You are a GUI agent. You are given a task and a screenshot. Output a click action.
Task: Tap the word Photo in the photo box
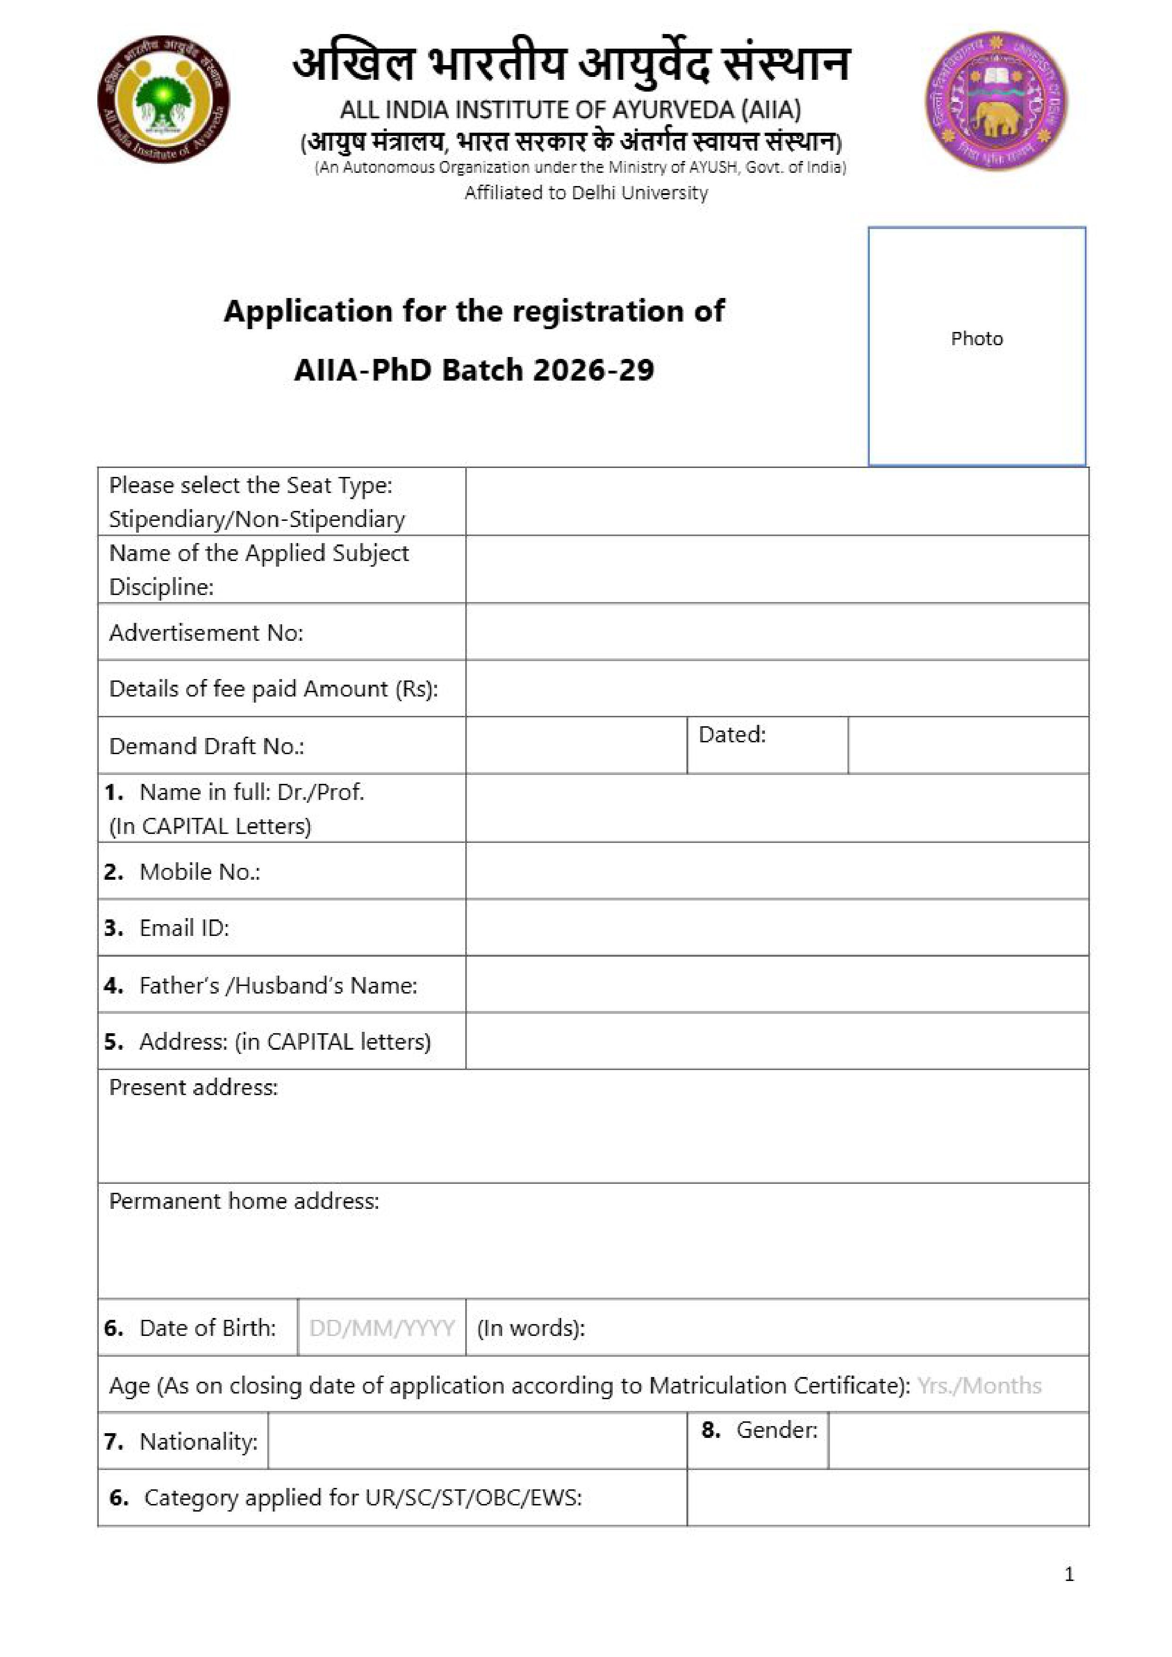tap(976, 339)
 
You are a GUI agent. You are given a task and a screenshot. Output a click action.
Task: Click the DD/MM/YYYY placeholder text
tap(382, 1328)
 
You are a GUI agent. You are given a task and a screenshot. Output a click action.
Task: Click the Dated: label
tap(732, 735)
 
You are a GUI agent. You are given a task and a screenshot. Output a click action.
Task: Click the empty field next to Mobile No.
tap(776, 871)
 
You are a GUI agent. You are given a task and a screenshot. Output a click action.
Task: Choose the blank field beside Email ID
tap(776, 927)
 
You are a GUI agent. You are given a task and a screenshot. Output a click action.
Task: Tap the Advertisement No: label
tap(206, 633)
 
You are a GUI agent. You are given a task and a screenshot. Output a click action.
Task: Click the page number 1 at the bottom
tap(1069, 1574)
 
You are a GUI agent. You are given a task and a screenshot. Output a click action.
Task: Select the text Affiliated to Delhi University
tap(586, 193)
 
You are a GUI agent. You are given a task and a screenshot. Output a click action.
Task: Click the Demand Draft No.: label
tap(206, 746)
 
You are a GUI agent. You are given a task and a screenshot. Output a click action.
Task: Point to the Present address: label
tap(194, 1088)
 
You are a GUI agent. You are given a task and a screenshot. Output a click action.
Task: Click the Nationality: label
tap(198, 1441)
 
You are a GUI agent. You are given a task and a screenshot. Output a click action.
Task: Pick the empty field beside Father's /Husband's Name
tap(776, 985)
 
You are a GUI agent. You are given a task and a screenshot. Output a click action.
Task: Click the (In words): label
tap(531, 1328)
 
